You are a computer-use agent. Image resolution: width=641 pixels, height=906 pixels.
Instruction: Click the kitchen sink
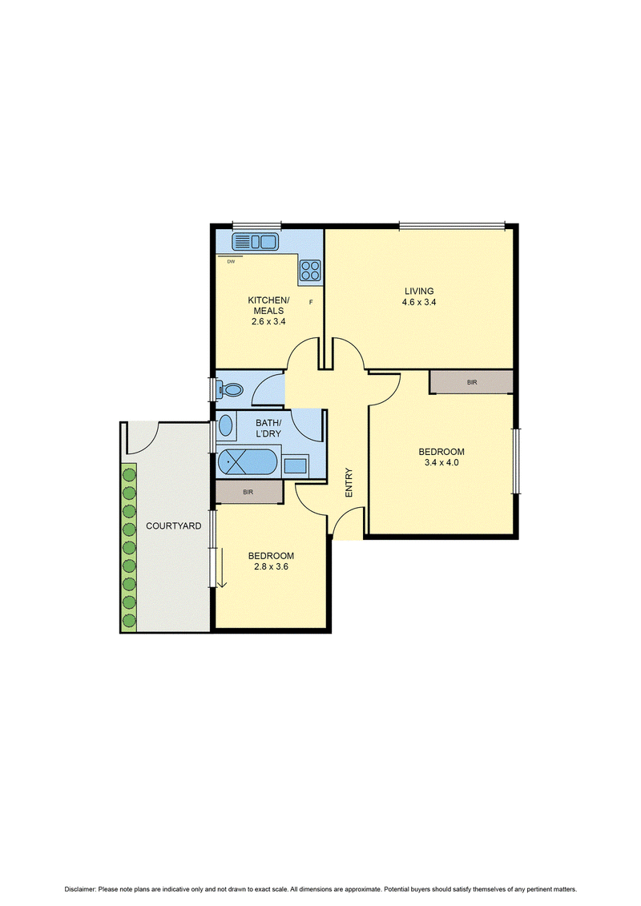coord(255,241)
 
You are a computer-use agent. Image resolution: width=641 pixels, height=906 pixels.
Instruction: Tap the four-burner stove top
coord(310,270)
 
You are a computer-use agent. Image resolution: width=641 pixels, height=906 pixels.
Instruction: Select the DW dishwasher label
coord(232,262)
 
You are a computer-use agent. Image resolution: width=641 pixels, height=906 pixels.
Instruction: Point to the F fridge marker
coord(311,302)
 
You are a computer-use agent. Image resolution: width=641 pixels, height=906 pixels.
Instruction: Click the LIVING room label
coord(419,292)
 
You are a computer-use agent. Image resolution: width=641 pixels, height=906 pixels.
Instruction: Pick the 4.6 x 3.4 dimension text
coord(419,302)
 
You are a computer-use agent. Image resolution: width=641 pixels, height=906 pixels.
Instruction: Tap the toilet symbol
coord(229,390)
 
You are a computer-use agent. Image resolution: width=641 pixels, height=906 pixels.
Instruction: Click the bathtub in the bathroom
coord(248,462)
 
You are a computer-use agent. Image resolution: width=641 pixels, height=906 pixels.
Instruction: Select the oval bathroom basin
coord(225,426)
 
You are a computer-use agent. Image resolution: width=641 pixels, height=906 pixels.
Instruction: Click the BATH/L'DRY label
coord(268,428)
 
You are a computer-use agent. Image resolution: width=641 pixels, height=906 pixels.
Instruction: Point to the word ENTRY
coord(349,482)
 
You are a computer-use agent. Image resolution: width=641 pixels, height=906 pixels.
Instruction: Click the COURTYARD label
coord(173,525)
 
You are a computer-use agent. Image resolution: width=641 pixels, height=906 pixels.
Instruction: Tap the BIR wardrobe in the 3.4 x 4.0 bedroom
coord(472,383)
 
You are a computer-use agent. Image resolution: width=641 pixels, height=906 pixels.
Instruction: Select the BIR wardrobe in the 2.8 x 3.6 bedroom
coord(248,493)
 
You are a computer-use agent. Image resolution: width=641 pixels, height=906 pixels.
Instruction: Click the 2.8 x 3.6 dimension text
coord(271,567)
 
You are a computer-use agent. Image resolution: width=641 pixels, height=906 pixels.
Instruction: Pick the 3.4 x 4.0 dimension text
coord(441,463)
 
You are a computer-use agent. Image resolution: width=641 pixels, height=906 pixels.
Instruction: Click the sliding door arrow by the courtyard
coord(222,568)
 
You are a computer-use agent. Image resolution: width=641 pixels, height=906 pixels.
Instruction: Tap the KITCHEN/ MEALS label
coord(268,305)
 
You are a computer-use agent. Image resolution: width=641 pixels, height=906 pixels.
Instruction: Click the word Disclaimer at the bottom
coord(79,889)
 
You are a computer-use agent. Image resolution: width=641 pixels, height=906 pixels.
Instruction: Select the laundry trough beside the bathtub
coord(296,465)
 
